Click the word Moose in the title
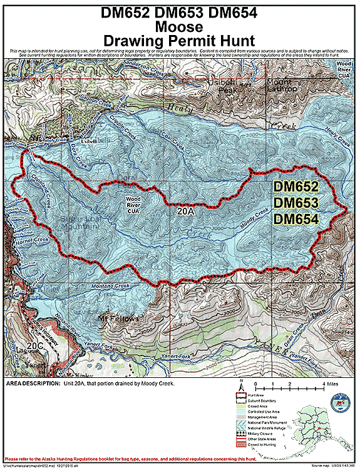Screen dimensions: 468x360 pyautogui.click(x=180, y=27)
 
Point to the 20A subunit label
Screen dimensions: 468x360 pyautogui.click(x=186, y=213)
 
